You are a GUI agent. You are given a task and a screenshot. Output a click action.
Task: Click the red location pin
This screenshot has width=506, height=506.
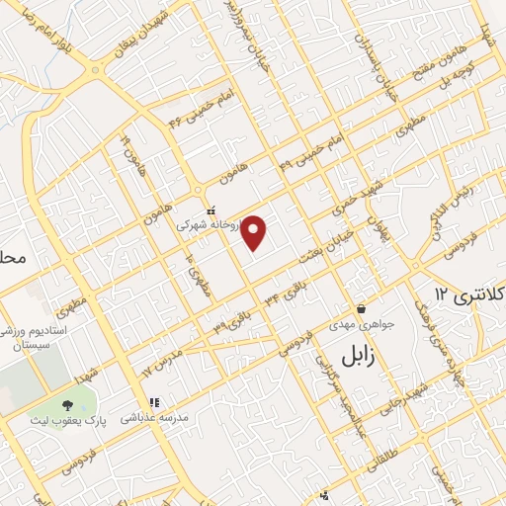(255, 232)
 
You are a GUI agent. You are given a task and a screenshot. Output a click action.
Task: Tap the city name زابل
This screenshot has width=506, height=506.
(362, 356)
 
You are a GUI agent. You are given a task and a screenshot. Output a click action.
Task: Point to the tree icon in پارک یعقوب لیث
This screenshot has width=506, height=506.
(68, 405)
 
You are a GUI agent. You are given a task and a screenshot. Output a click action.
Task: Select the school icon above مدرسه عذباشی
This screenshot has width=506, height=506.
(153, 402)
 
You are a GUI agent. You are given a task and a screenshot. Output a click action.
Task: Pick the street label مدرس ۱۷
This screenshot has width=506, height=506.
(163, 362)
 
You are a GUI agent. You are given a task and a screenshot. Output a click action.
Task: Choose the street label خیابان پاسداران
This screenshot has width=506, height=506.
(377, 65)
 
